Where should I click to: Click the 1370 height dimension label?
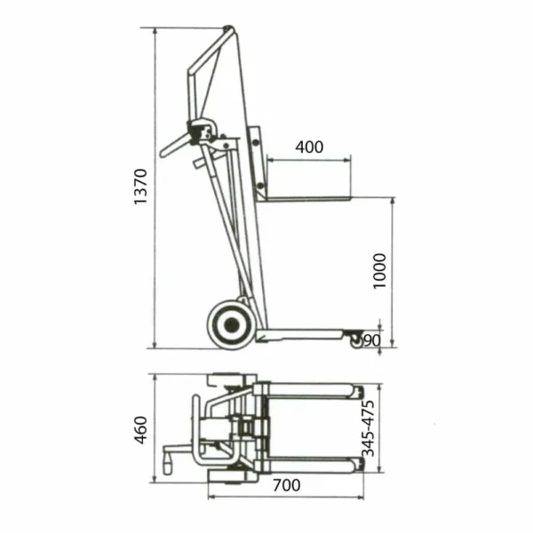pos(140,187)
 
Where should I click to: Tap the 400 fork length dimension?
pos(309,147)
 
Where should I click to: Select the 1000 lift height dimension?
pos(379,271)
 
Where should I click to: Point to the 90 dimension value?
pos(372,340)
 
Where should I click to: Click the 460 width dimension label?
pos(140,430)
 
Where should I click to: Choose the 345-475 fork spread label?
pos(368,428)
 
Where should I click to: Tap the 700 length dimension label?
pos(287,485)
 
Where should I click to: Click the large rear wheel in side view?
pos(231,324)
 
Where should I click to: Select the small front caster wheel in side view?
pos(355,340)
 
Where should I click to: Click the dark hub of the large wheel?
pos(231,325)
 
